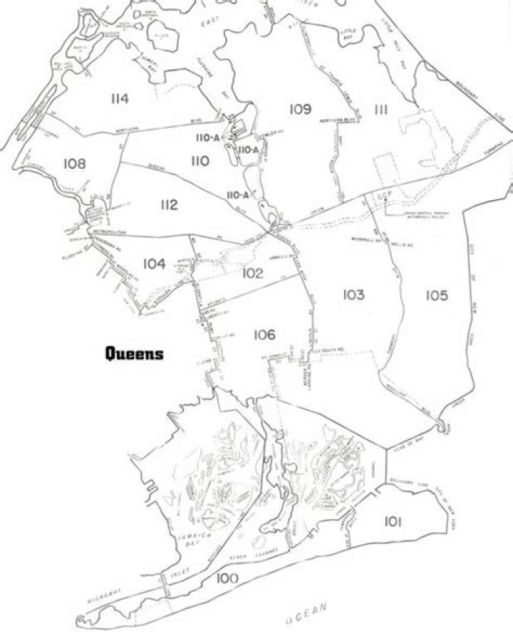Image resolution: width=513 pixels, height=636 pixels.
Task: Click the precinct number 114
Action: [119, 99]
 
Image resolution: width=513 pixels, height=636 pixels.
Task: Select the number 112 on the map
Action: [168, 205]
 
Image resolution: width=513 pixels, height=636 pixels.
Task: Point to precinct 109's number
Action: [301, 108]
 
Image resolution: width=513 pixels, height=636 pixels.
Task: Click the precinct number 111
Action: [380, 109]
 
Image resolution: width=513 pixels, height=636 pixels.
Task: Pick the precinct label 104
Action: [154, 264]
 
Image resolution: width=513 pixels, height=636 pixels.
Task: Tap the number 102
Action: [252, 273]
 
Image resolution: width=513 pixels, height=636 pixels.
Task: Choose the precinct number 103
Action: [353, 295]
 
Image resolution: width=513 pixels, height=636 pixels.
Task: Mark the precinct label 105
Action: [437, 295]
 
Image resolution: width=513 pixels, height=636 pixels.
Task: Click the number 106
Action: [264, 334]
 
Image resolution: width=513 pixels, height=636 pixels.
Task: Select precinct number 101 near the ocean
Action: [391, 523]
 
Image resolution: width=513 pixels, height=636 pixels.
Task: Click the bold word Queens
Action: [134, 353]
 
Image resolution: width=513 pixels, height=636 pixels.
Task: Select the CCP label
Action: [385, 194]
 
